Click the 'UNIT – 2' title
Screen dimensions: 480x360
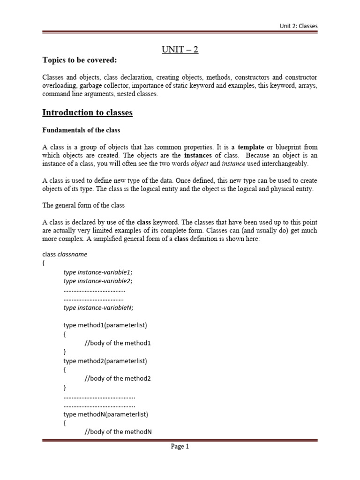click(180, 49)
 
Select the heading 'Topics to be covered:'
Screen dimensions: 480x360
click(73, 60)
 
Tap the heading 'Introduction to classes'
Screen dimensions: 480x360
click(87, 112)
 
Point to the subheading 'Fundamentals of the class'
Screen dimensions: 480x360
click(82, 130)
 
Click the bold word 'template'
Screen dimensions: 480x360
click(251, 147)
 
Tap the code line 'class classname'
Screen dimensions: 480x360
click(65, 254)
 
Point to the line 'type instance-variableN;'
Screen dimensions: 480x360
click(98, 307)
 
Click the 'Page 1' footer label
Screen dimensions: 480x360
click(180, 447)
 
